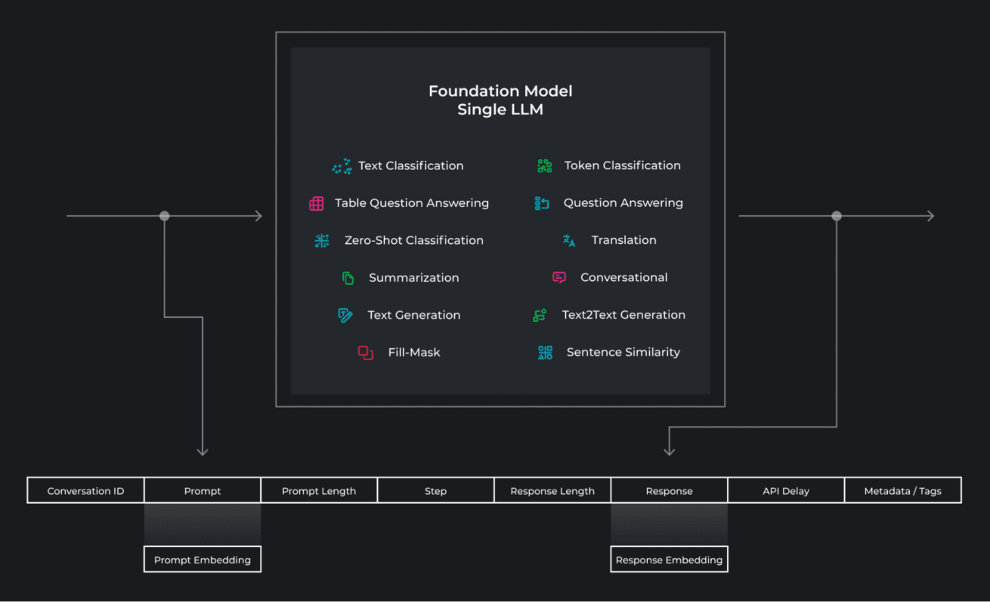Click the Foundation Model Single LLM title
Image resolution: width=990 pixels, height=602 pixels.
[500, 100]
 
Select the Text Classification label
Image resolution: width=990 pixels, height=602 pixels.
[410, 165]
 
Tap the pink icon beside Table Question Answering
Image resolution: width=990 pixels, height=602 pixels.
[317, 203]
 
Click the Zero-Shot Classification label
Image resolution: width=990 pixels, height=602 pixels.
[413, 240]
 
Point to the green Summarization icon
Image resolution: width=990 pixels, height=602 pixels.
[348, 278]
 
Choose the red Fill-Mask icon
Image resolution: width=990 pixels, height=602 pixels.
[366, 353]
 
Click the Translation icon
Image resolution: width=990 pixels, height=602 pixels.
[569, 240]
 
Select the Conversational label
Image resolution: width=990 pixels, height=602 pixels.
[623, 277]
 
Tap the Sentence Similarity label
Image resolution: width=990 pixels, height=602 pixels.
[623, 352]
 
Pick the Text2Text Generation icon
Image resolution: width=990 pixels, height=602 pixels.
[540, 315]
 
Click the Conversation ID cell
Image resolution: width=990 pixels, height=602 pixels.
[85, 491]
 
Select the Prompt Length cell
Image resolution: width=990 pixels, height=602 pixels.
[319, 491]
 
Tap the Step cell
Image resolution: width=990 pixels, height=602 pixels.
[435, 491]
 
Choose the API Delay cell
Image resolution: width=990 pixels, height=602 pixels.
[786, 491]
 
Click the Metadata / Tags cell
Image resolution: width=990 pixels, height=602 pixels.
[902, 491]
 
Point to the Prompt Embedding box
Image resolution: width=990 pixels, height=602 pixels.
[203, 560]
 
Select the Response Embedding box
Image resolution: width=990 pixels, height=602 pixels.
[669, 560]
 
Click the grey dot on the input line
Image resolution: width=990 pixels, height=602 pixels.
[165, 216]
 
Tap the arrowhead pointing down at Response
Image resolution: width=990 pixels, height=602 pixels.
[669, 451]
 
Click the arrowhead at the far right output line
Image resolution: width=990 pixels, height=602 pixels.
[930, 216]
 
